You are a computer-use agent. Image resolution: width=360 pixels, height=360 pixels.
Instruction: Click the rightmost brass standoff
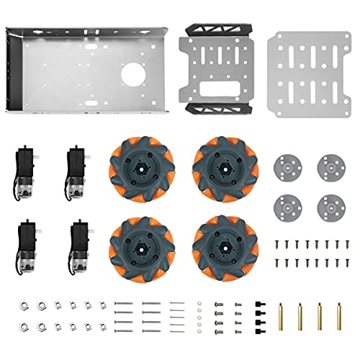click(338, 315)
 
